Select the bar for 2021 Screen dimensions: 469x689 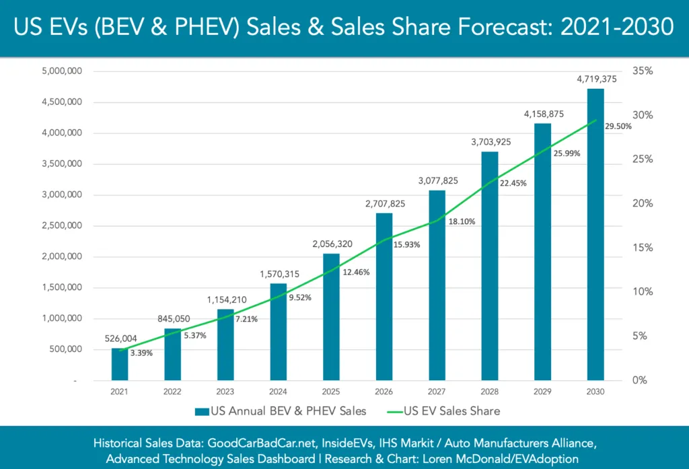(x=120, y=364)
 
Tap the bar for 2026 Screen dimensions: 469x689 (x=384, y=296)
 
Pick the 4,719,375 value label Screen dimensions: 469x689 (x=595, y=79)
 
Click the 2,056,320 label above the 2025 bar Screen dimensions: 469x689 (x=331, y=244)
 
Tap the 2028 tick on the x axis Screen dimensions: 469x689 (x=490, y=391)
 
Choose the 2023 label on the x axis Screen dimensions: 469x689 (x=225, y=391)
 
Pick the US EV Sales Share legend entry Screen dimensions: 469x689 (x=444, y=410)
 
